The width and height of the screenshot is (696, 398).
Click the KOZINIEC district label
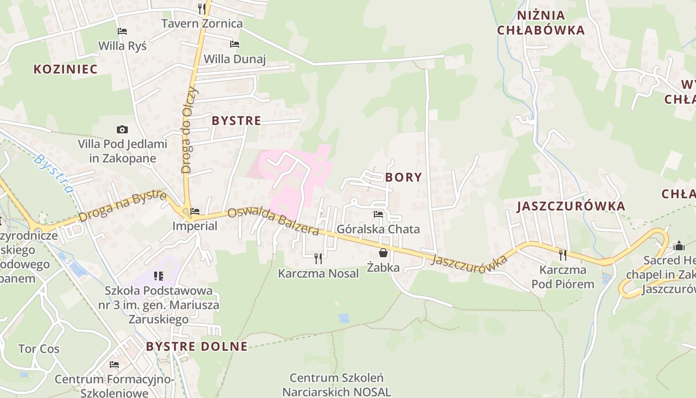pyautogui.click(x=66, y=69)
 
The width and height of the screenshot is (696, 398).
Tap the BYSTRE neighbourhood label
pyautogui.click(x=236, y=120)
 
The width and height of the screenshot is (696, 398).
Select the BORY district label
pyautogui.click(x=403, y=177)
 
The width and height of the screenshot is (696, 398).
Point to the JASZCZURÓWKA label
pyautogui.click(x=571, y=206)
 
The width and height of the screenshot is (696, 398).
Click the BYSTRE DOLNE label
pyautogui.click(x=197, y=346)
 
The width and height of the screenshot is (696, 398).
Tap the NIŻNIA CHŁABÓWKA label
pyautogui.click(x=541, y=23)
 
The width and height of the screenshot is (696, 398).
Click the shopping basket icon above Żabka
pyautogui.click(x=383, y=252)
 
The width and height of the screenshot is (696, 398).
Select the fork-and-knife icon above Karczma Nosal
pyautogui.click(x=318, y=258)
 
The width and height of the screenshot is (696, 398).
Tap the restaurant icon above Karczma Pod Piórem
pyautogui.click(x=563, y=255)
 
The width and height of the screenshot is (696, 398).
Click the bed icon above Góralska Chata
pyautogui.click(x=378, y=214)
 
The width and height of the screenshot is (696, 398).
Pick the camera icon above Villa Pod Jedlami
pyautogui.click(x=122, y=130)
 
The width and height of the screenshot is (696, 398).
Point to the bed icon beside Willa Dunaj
pyautogui.click(x=235, y=44)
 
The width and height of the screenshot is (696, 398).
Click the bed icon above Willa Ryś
pyautogui.click(x=122, y=31)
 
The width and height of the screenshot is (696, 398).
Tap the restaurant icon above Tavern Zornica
pyautogui.click(x=202, y=8)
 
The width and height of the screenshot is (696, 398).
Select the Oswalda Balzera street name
pyautogui.click(x=273, y=221)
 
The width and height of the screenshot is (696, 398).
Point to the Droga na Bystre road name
pyautogui.click(x=122, y=206)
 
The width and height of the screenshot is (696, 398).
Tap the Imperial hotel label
pyautogui.click(x=195, y=226)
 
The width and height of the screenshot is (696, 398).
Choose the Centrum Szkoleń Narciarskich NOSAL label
pyautogui.click(x=337, y=385)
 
